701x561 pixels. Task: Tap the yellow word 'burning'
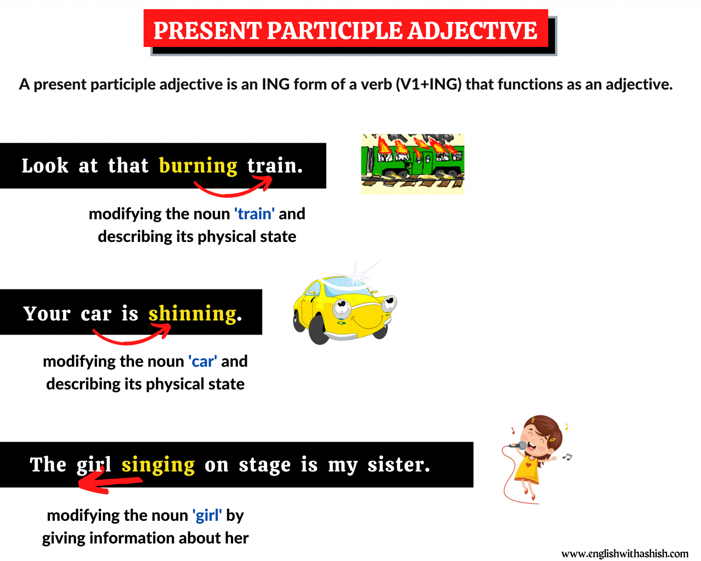pyautogui.click(x=198, y=166)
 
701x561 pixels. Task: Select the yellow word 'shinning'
pyautogui.click(x=193, y=314)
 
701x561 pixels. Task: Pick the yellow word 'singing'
pyautogui.click(x=158, y=465)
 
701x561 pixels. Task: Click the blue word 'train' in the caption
pyautogui.click(x=255, y=214)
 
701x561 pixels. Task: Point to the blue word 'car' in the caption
pyautogui.click(x=203, y=362)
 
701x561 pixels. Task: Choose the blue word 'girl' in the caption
pyautogui.click(x=207, y=515)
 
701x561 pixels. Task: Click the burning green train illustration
pyautogui.click(x=413, y=163)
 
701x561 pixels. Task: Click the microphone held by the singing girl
pyautogui.click(x=519, y=446)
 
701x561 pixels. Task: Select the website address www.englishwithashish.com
pyautogui.click(x=624, y=554)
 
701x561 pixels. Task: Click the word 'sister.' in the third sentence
pyautogui.click(x=398, y=465)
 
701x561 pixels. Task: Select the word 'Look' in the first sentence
pyautogui.click(x=45, y=166)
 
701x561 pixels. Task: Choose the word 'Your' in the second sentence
pyautogui.click(x=47, y=314)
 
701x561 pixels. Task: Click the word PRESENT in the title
pyautogui.click(x=207, y=31)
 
